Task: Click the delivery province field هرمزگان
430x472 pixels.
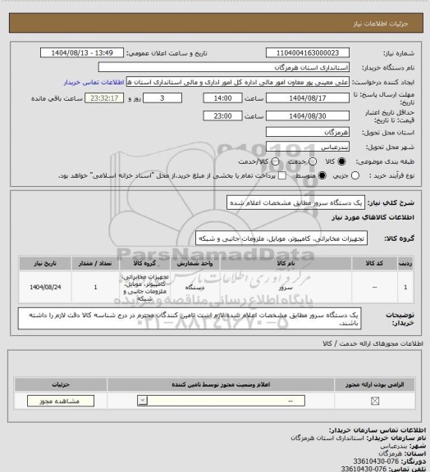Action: [x=308, y=131]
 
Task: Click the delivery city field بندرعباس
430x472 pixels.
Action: [x=308, y=145]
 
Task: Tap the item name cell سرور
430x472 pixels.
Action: [x=286, y=288]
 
